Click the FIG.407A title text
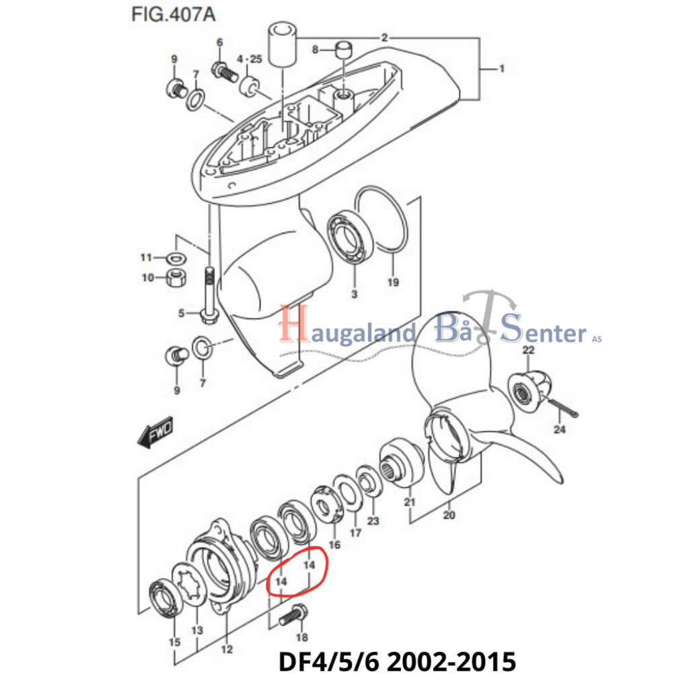[173, 15]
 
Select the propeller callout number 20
[449, 515]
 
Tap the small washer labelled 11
[176, 258]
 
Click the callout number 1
[501, 69]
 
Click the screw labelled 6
[225, 72]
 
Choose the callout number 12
[227, 649]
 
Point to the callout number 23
[373, 521]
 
